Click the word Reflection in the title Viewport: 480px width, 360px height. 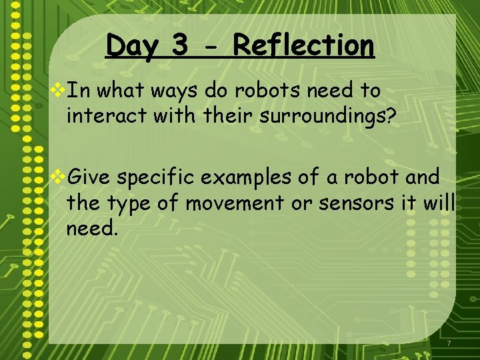[x=303, y=46]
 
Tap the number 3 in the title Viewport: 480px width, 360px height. [x=179, y=46]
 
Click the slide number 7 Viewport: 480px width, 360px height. [x=449, y=343]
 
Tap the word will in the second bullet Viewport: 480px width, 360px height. [x=438, y=203]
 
